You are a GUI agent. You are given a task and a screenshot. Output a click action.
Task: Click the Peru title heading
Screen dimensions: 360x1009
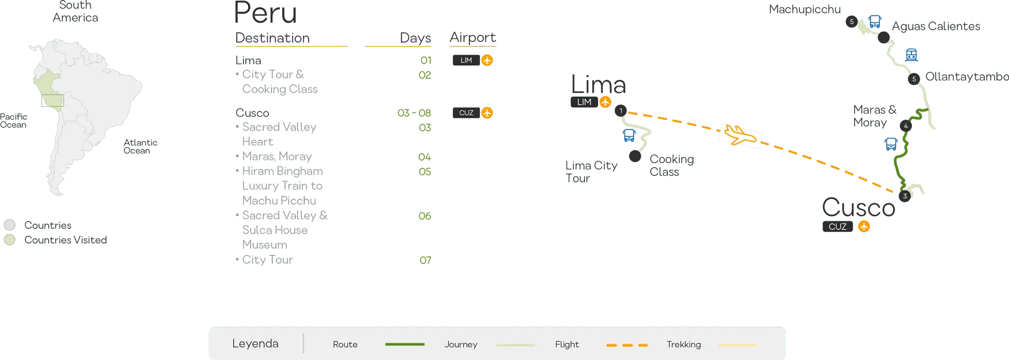coord(265,14)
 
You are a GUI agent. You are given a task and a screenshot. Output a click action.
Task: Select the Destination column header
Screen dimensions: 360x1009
coord(272,38)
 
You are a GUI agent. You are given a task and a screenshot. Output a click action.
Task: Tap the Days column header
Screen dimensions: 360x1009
coord(416,38)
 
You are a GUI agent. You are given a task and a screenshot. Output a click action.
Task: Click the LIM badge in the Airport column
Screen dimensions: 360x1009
coord(466,60)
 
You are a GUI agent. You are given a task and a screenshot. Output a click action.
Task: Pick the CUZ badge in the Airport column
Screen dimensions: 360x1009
coord(466,113)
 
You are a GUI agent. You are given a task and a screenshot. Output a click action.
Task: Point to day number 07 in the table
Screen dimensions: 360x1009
coord(425,260)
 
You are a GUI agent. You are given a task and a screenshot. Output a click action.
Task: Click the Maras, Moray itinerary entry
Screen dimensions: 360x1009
coord(277,157)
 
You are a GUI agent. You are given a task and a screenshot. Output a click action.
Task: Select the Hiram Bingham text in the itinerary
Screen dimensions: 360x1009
coord(282,172)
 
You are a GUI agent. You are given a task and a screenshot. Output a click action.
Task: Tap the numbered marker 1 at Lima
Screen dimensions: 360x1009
coord(620,112)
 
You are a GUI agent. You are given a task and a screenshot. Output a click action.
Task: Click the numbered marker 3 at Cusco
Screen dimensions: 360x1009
coord(905,196)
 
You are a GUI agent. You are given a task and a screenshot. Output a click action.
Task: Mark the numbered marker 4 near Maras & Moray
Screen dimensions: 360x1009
coord(905,126)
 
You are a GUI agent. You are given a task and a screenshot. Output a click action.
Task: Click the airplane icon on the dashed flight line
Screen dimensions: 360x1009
coord(740,135)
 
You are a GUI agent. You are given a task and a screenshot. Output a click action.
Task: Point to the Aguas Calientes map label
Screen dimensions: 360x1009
coord(936,27)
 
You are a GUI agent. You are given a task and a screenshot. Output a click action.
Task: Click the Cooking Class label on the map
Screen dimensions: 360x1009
coord(672,165)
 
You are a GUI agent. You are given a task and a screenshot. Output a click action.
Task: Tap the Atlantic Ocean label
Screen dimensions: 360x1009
coord(141,147)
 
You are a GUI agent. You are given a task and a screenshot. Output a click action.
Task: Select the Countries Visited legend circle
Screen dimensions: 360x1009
coord(10,240)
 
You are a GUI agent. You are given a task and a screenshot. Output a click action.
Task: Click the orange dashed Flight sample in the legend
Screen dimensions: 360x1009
coord(627,345)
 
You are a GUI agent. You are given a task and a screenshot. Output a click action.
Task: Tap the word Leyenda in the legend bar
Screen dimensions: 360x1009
coord(255,344)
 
